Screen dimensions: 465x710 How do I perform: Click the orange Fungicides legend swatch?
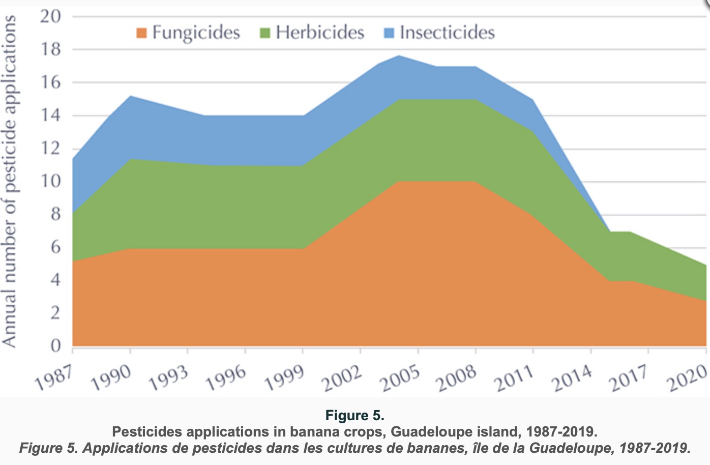(x=141, y=33)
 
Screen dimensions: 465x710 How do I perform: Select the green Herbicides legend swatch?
(x=265, y=33)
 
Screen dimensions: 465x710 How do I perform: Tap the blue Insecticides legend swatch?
(x=389, y=33)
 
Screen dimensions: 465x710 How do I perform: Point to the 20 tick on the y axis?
(x=50, y=16)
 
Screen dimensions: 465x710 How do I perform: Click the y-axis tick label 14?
(x=50, y=115)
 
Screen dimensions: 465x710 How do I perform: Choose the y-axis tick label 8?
(x=54, y=214)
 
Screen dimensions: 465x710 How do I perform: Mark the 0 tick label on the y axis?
(x=55, y=346)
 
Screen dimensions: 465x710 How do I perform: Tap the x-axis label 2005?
(x=400, y=377)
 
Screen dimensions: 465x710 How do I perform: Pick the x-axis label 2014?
(x=573, y=377)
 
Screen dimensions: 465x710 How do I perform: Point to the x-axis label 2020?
(x=688, y=377)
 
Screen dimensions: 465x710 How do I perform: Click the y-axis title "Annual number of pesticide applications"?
(x=9, y=181)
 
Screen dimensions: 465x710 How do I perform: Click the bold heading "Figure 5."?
(x=354, y=416)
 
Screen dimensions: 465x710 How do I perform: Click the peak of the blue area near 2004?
(x=399, y=56)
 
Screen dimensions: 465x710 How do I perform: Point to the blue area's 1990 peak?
(x=130, y=96)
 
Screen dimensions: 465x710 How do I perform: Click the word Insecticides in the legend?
(x=447, y=33)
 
